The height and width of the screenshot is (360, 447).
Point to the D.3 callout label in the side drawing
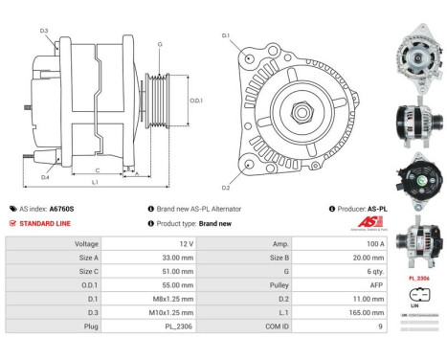point(44,31)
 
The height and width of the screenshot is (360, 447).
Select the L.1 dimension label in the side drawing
point(95,181)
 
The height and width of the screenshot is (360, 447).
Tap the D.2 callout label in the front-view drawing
point(227,187)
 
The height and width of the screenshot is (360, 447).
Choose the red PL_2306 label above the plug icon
point(417,279)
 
